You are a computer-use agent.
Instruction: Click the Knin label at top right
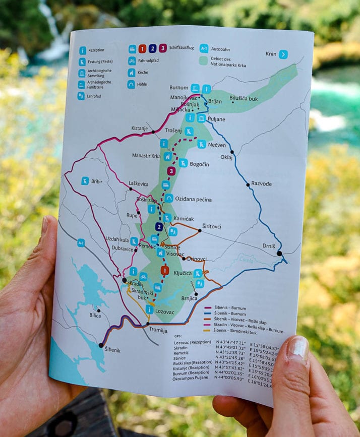click(x=271, y=54)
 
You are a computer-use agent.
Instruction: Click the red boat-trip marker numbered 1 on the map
click(x=164, y=271)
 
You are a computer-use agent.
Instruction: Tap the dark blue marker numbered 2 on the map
click(x=159, y=227)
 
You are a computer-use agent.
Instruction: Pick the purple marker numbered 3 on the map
click(x=171, y=171)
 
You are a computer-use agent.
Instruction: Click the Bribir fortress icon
click(x=85, y=181)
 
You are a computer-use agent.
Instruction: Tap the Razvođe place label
click(x=261, y=184)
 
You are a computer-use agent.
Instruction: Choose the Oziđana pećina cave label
click(x=194, y=200)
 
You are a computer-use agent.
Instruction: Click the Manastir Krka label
click(x=146, y=156)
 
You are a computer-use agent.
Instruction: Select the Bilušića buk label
click(x=244, y=99)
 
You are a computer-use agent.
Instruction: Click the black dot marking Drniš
click(x=279, y=253)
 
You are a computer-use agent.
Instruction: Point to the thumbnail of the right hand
click(x=298, y=349)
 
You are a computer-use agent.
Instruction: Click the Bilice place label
click(x=95, y=316)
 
